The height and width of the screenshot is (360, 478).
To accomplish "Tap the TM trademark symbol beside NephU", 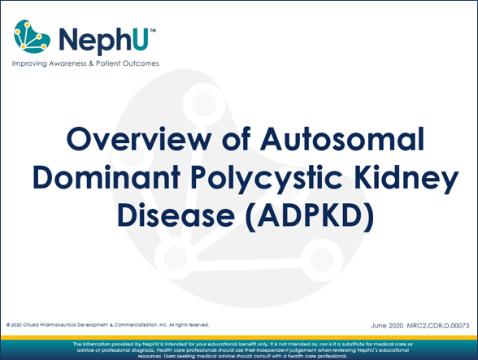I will point(152,28).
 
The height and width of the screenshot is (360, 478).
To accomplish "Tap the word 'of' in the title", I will point(230,139).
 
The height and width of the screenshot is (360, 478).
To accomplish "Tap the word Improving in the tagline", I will point(28,63).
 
